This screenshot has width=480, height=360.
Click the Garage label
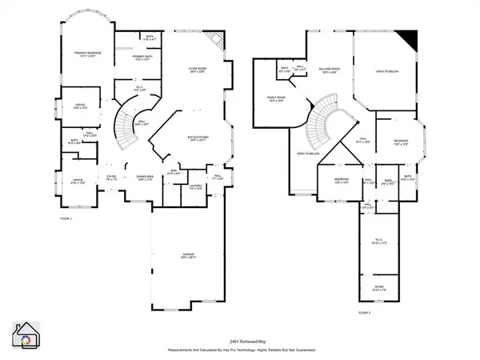tap(188, 256)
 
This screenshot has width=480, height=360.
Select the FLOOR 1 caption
tap(66, 218)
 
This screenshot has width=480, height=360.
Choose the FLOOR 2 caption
tap(365, 311)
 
